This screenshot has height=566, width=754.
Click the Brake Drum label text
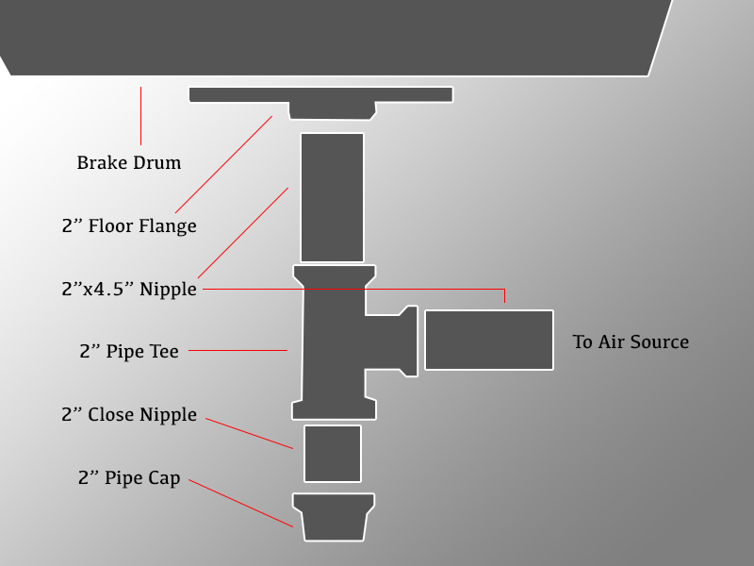click(x=128, y=163)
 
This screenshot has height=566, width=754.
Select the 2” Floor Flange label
click(x=129, y=225)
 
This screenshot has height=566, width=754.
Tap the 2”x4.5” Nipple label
click(x=129, y=289)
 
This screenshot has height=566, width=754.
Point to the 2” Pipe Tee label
click(x=129, y=352)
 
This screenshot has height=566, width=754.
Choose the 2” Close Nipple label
click(x=129, y=414)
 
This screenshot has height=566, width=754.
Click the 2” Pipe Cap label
click(x=129, y=478)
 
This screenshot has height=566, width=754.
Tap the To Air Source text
click(x=631, y=341)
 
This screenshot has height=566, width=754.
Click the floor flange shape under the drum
click(x=320, y=98)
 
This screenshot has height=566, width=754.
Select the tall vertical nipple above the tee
click(x=332, y=197)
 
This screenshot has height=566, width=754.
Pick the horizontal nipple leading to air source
click(x=488, y=340)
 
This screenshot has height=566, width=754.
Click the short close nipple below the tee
click(x=332, y=453)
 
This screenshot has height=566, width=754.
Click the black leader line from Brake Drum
click(x=140, y=115)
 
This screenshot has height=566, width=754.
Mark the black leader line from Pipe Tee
click(x=238, y=351)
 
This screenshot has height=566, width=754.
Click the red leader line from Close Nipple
click(x=249, y=433)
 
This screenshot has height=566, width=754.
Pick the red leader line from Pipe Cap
click(x=240, y=503)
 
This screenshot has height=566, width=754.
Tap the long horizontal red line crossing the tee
click(x=396, y=289)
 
